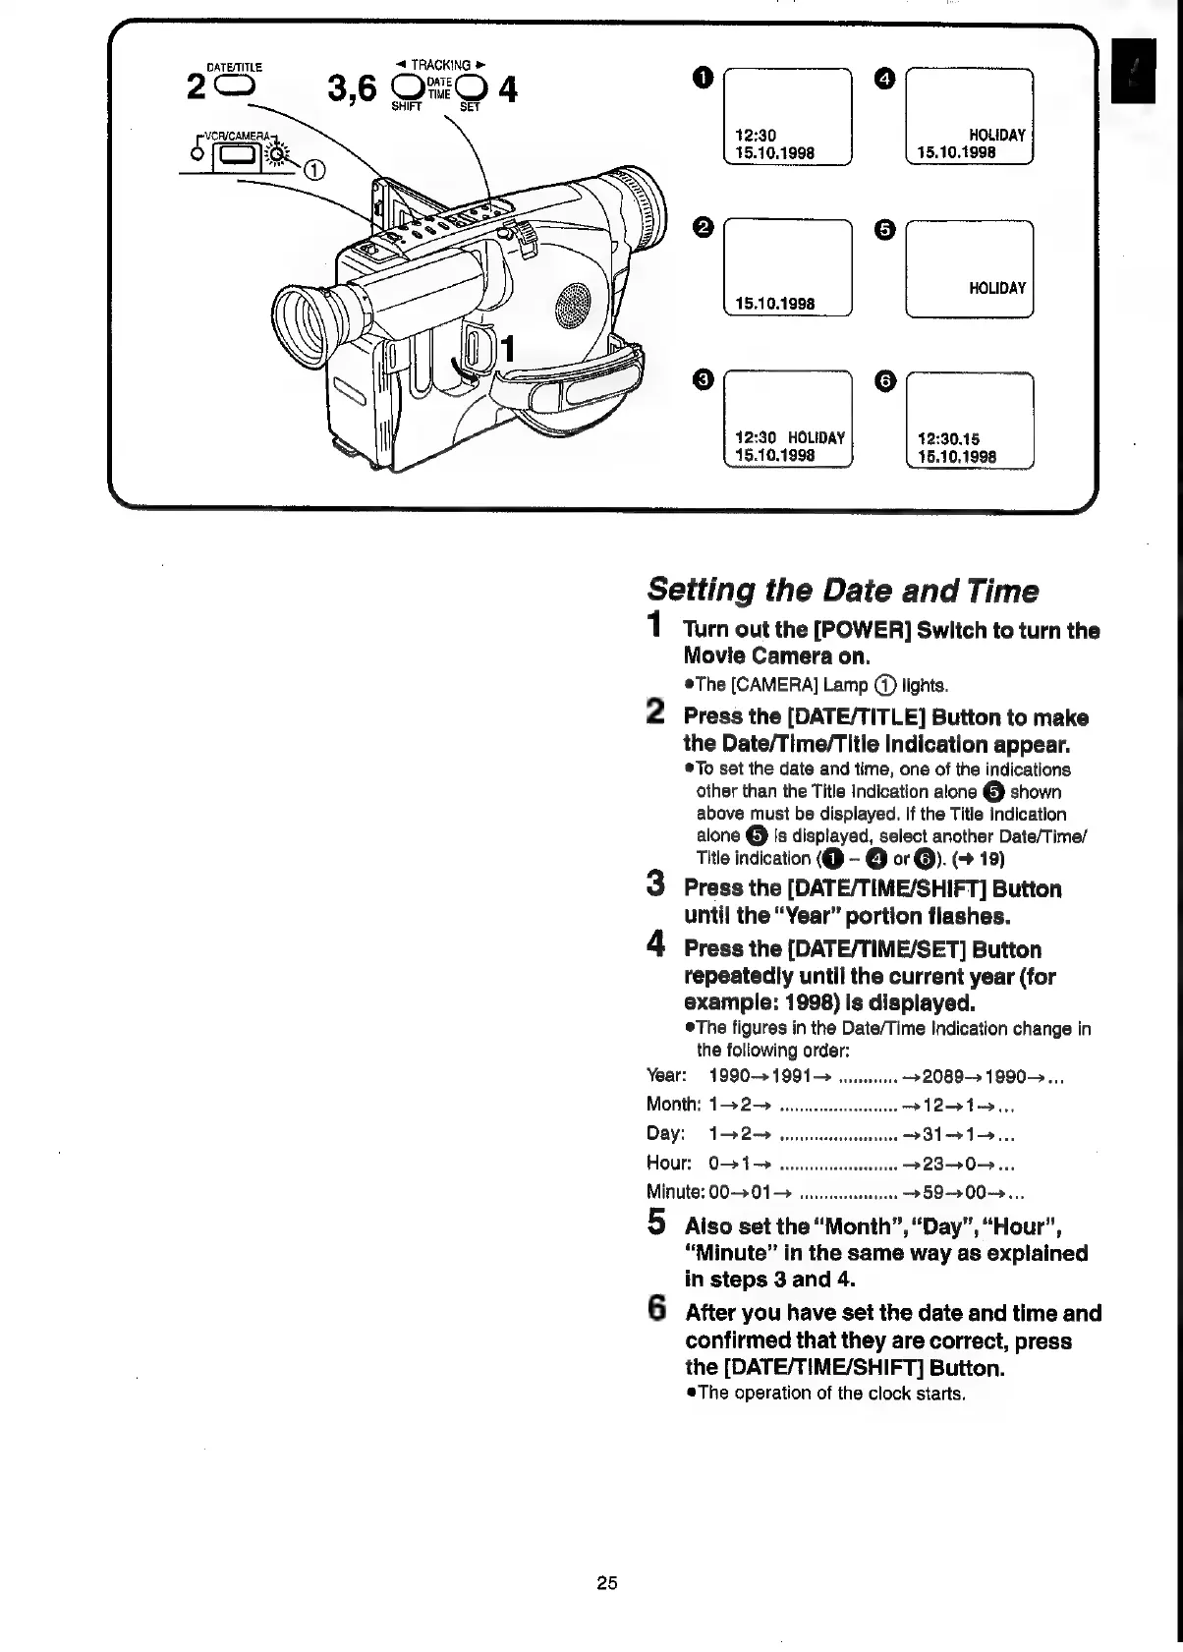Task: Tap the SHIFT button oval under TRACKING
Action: click(406, 87)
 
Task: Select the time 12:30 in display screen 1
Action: click(756, 136)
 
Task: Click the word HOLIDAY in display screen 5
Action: click(996, 288)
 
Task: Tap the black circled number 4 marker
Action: click(884, 77)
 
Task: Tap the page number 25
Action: click(606, 1582)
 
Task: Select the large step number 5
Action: click(657, 1223)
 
